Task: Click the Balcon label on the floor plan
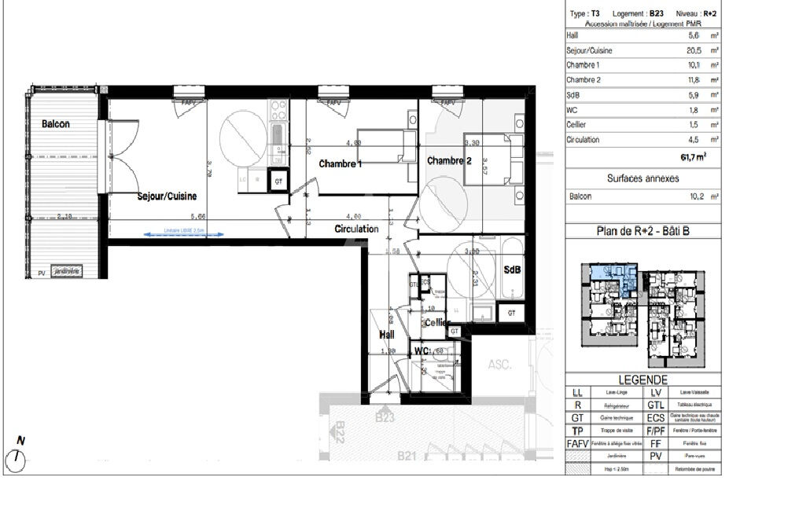(x=56, y=124)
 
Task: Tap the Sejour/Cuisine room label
(x=167, y=196)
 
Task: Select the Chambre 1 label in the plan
(x=341, y=164)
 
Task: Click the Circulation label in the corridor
(x=356, y=229)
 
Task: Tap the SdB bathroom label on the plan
(x=512, y=270)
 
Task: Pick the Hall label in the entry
(x=386, y=334)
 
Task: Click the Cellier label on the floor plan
(x=436, y=323)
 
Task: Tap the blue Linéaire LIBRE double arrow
(x=183, y=233)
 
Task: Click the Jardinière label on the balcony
(x=67, y=272)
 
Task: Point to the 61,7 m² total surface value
(x=692, y=157)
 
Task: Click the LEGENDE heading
(x=643, y=379)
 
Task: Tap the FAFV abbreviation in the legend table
(x=578, y=444)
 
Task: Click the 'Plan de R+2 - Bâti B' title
(x=643, y=231)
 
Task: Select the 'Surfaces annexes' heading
(x=643, y=178)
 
